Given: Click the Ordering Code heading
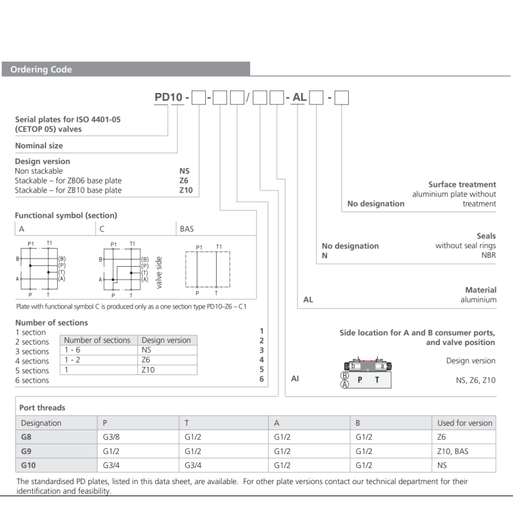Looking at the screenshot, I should point(41,69).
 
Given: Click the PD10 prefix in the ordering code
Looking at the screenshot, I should point(169,97).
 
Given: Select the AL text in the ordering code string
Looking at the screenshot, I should point(299,97).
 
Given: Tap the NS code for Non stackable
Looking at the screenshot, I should point(185,171).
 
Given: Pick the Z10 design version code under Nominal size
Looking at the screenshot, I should point(185,190).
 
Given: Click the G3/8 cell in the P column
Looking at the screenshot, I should point(112,437).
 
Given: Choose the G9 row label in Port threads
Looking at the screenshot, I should point(28,451).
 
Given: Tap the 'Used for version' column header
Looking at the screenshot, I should point(464,423).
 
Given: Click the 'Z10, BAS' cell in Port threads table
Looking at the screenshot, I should point(452,451).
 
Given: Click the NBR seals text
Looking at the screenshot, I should point(488,255).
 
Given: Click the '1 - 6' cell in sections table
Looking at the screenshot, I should point(72,350).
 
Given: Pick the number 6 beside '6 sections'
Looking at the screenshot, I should point(262,380).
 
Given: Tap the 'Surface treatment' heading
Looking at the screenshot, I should point(462,184).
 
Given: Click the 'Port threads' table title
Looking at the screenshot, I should point(42,407).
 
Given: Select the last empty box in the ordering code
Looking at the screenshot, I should point(342,98).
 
